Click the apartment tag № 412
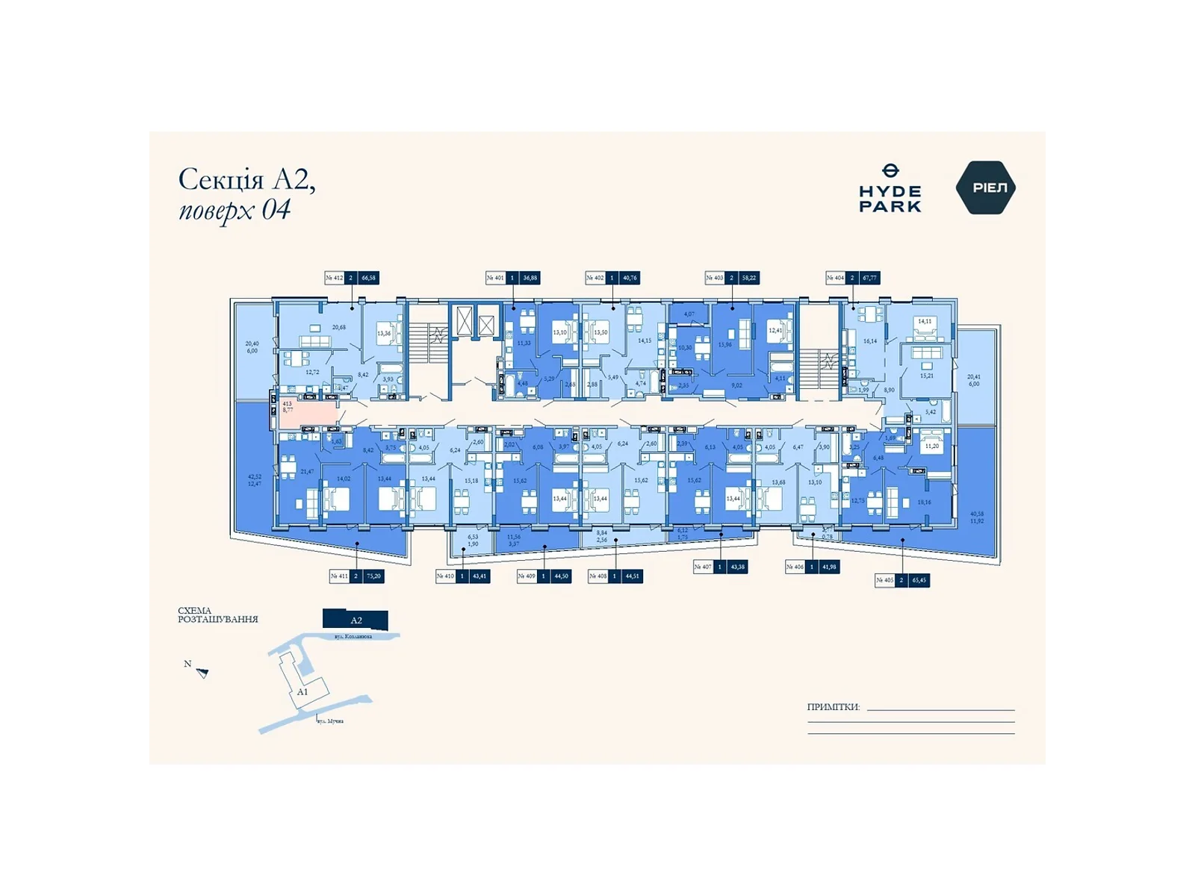tap(335, 278)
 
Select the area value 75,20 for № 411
tap(373, 576)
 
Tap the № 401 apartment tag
tap(495, 278)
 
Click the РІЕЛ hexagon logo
tap(985, 187)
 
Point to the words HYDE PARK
tap(890, 199)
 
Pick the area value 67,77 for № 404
tap(869, 278)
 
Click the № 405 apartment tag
tap(885, 580)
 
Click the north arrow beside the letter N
tap(202, 673)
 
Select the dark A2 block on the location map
tap(356, 620)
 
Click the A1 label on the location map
tap(302, 692)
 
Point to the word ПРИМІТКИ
tap(833, 707)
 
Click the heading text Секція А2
tap(246, 180)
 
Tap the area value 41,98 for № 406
tap(829, 567)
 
